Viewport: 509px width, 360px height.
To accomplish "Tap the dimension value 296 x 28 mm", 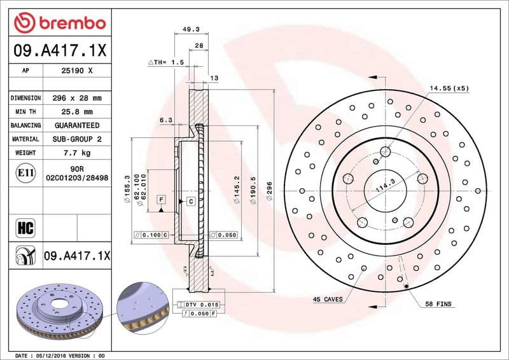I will tap(76, 99).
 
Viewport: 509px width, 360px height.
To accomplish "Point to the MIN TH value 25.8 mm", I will tap(76, 112).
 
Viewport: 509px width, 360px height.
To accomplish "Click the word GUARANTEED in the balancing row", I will tap(76, 125).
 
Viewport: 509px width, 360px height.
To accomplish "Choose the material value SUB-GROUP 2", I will tap(76, 139).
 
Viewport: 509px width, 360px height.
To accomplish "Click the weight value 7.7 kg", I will tap(76, 153).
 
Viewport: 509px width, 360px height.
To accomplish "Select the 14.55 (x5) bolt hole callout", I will tap(449, 88).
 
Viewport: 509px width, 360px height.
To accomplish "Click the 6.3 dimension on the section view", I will tap(165, 120).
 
